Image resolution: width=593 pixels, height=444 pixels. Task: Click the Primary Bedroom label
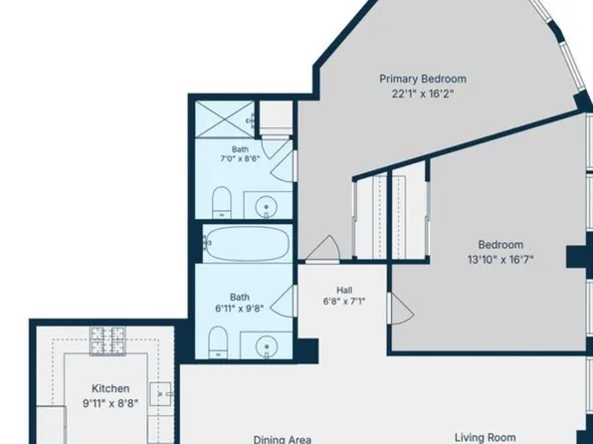(423, 79)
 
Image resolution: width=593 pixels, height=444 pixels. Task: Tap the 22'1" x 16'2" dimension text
(423, 94)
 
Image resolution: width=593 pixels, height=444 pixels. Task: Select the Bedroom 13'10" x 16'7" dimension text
(500, 259)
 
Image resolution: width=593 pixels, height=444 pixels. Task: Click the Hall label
(344, 290)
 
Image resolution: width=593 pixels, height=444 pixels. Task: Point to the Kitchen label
(110, 388)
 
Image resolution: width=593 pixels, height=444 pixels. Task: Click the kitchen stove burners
(107, 341)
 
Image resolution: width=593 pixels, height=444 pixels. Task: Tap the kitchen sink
(160, 394)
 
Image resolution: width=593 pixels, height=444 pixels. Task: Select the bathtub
(247, 243)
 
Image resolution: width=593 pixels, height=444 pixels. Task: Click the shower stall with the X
(225, 119)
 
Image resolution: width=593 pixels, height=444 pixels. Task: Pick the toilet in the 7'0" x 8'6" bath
(222, 202)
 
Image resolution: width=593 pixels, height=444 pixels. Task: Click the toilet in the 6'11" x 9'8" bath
(218, 342)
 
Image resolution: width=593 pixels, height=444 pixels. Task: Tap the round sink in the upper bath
(267, 207)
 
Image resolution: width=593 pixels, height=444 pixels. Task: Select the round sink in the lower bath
(267, 346)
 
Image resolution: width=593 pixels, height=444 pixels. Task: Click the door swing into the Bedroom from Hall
(401, 309)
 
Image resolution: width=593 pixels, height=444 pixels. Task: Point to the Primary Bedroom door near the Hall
(322, 249)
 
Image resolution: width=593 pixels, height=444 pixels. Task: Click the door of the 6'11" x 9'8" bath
(284, 301)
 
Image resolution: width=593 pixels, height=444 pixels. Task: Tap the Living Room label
(486, 438)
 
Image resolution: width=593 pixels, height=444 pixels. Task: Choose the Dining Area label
(283, 439)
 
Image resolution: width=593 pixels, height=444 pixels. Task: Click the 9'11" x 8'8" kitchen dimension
(110, 403)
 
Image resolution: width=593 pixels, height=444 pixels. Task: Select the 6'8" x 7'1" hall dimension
(344, 302)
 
